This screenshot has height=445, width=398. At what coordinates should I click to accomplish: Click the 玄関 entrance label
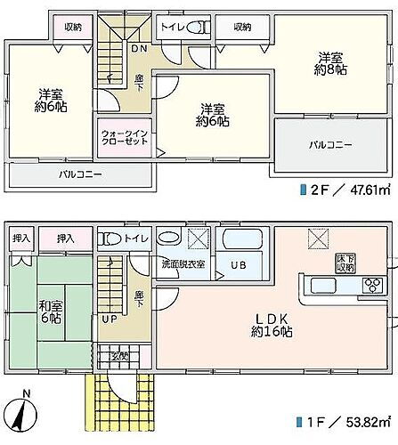point(118,357)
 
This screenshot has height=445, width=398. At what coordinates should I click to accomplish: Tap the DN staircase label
point(139,50)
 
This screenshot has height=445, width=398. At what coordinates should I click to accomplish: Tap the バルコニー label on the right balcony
point(329,144)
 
